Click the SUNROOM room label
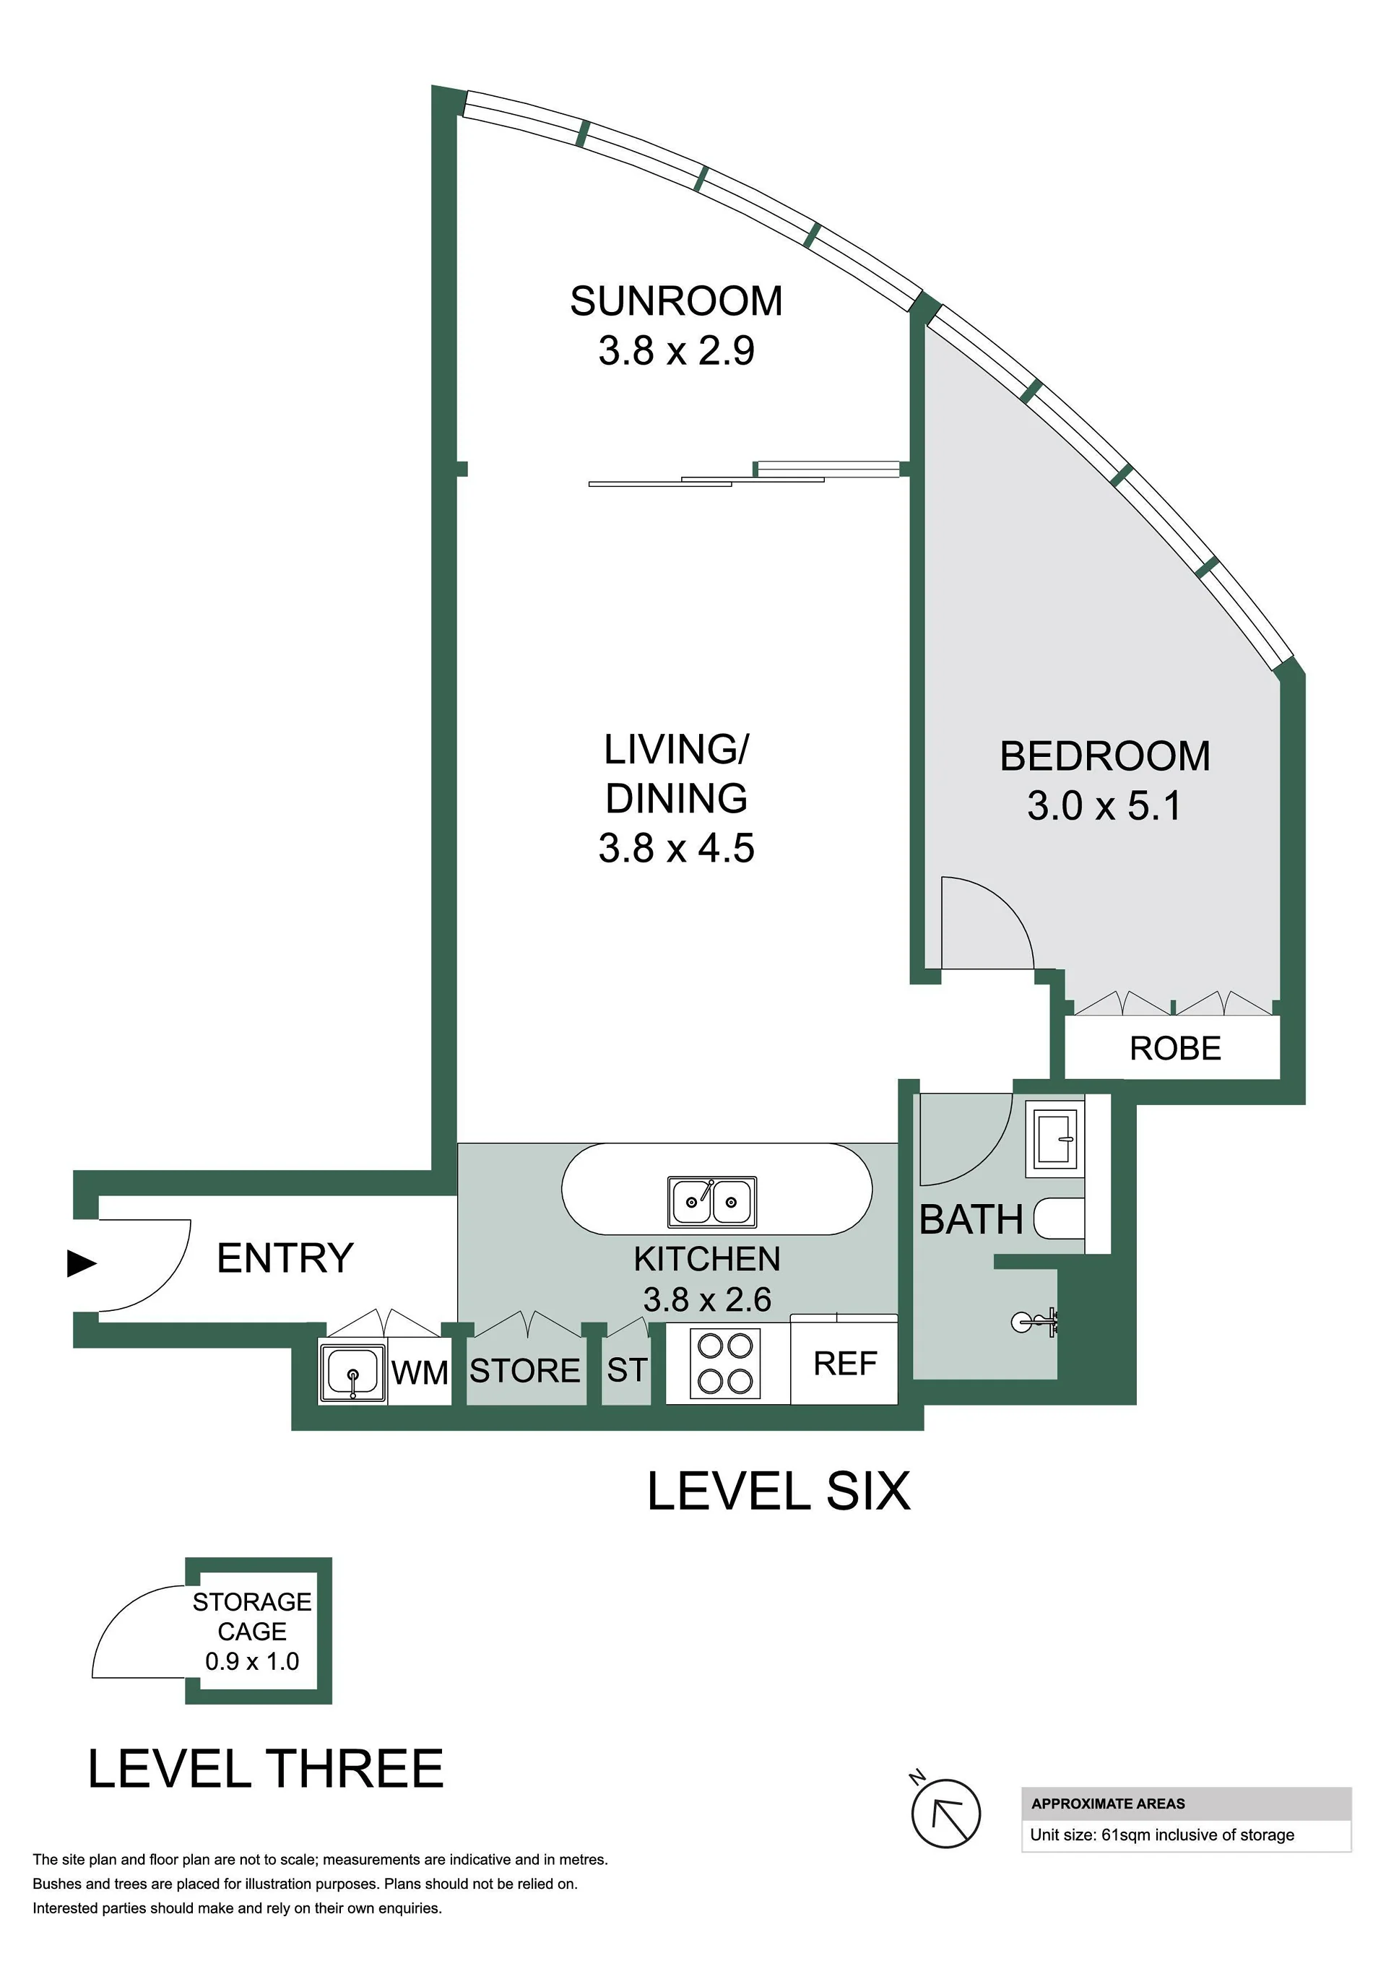(x=676, y=301)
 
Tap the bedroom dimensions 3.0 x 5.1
(x=1104, y=805)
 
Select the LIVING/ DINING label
(x=676, y=774)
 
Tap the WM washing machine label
(x=420, y=1372)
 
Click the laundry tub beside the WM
(x=352, y=1372)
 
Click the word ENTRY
(x=285, y=1258)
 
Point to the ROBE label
(x=1175, y=1048)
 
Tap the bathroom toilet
(x=1059, y=1218)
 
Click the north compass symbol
(x=945, y=1812)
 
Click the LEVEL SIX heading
(x=779, y=1492)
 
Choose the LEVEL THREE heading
(x=266, y=1768)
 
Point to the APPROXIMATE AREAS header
(x=1108, y=1804)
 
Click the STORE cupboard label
(x=524, y=1371)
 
